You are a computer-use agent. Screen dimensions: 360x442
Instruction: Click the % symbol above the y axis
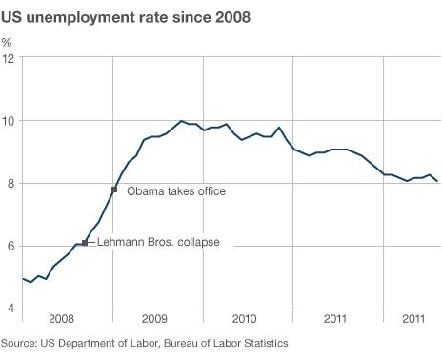[7, 42]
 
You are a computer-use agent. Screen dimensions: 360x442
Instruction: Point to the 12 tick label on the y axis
[8, 59]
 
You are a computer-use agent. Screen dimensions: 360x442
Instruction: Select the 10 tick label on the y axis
[8, 121]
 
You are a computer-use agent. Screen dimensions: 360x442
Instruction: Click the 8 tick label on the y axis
[10, 184]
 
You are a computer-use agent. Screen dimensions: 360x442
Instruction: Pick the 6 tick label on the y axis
[10, 247]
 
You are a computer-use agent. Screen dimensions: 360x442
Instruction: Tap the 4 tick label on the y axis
[10, 309]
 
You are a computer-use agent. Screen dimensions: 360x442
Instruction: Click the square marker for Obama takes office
[114, 190]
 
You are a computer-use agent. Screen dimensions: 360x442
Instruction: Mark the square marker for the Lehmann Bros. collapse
[85, 243]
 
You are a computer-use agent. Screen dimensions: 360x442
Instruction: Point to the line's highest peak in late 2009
[181, 121]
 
